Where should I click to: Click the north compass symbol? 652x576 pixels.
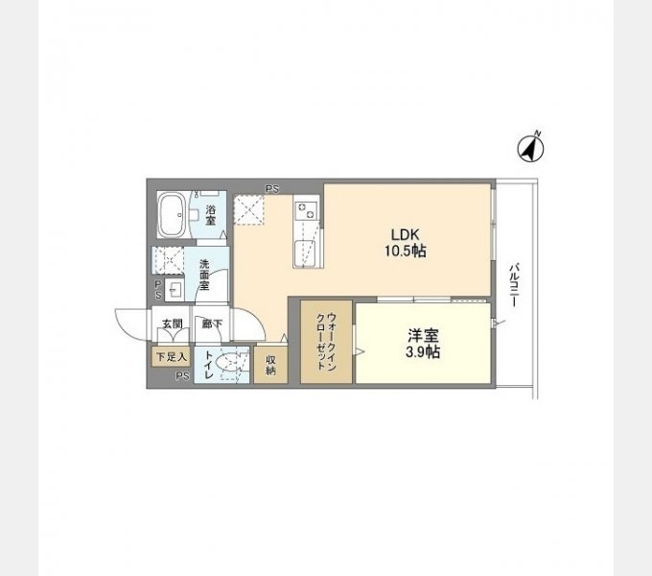pyautogui.click(x=530, y=147)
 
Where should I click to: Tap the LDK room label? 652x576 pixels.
pyautogui.click(x=406, y=234)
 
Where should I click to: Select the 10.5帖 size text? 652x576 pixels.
pyautogui.click(x=406, y=251)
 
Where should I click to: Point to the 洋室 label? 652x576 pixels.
pyautogui.click(x=423, y=335)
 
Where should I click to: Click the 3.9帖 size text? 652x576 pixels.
pyautogui.click(x=423, y=352)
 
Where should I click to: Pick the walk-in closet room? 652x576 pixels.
pyautogui.click(x=326, y=341)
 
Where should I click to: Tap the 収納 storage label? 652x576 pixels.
pyautogui.click(x=270, y=365)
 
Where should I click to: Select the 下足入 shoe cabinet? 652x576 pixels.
pyautogui.click(x=171, y=357)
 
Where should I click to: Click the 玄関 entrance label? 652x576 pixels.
pyautogui.click(x=173, y=324)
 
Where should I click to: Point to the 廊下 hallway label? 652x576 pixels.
pyautogui.click(x=212, y=324)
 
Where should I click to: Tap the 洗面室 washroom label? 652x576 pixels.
pyautogui.click(x=204, y=275)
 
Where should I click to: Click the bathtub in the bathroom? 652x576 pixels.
pyautogui.click(x=171, y=215)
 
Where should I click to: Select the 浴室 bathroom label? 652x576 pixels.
pyautogui.click(x=211, y=215)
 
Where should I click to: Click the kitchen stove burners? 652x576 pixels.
pyautogui.click(x=307, y=209)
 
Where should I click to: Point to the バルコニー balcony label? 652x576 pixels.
pyautogui.click(x=515, y=284)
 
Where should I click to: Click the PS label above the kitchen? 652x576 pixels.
pyautogui.click(x=272, y=189)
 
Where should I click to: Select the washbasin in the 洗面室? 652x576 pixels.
pyautogui.click(x=175, y=289)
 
